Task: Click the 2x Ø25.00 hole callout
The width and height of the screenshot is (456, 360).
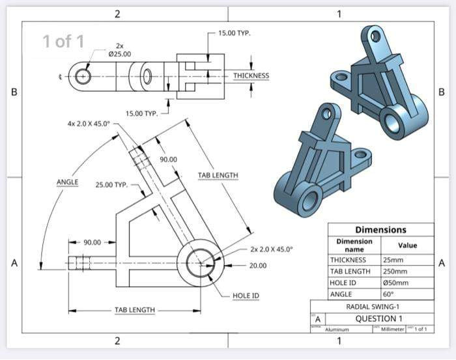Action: pos(119,49)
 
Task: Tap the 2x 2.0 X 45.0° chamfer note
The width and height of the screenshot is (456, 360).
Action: pos(271,249)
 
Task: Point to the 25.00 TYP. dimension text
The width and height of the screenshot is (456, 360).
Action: pos(112,185)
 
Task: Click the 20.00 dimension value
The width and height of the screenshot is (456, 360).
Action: pos(258,266)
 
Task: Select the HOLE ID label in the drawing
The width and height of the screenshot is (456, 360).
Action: pos(246,296)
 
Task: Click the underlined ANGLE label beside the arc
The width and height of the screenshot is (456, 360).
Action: pos(67,183)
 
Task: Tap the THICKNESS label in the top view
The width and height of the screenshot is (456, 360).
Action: pos(251,76)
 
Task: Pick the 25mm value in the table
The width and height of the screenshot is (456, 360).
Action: pos(394,260)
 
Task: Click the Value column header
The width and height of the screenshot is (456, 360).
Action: pos(407,245)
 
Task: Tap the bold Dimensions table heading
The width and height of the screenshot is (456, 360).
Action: pos(380,230)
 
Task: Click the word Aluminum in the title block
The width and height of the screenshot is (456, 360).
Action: pos(337,329)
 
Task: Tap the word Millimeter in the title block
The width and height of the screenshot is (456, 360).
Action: pos(392,329)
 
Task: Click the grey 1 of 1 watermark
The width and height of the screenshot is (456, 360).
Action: pos(63,42)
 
